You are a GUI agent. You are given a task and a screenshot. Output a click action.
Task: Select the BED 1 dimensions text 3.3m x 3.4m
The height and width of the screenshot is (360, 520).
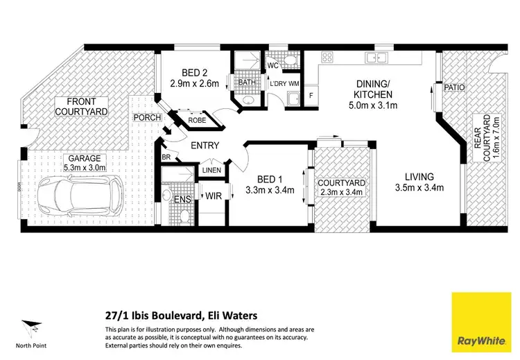coord(270,190)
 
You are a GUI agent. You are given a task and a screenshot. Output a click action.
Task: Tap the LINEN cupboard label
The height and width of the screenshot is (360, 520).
coord(211,170)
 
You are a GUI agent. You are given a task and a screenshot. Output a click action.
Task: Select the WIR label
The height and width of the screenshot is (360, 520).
coord(212,196)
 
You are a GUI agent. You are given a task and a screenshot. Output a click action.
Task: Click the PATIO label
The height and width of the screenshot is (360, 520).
coord(455,87)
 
